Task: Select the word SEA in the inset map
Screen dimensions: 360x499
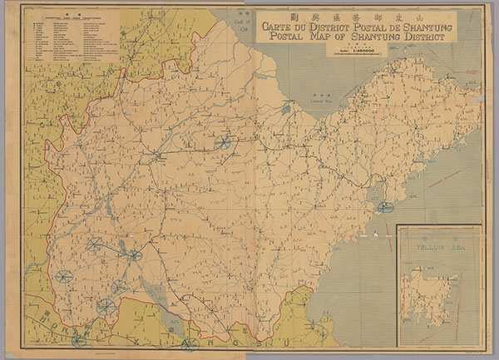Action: click(454, 246)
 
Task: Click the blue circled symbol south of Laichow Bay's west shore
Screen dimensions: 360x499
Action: click(222, 142)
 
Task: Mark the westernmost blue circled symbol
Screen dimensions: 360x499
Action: click(63, 276)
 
